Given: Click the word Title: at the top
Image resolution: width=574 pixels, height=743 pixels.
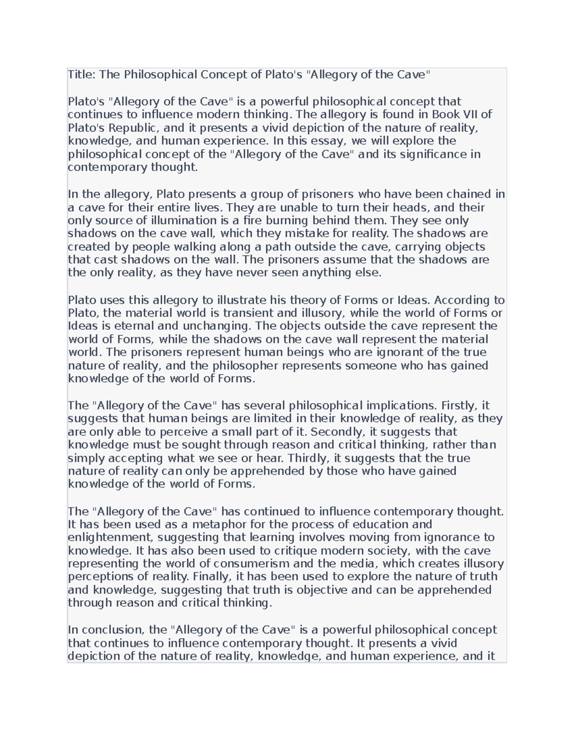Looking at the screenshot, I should point(82,75).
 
